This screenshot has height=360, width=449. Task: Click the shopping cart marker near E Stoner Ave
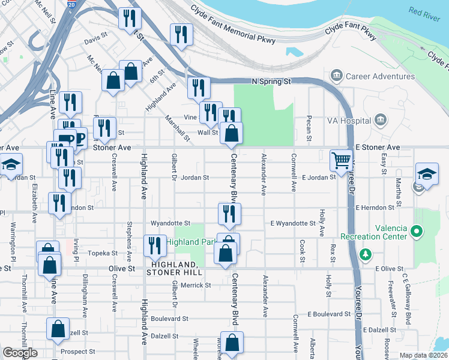[x=341, y=160]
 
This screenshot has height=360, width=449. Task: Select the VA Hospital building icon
[x=379, y=121]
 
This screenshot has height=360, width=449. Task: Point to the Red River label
[x=424, y=11]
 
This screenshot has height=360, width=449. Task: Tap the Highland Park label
[x=190, y=242]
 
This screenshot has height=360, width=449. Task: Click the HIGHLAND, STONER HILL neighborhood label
[x=175, y=268]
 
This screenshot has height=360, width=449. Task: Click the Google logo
[x=20, y=352]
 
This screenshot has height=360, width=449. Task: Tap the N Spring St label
[x=270, y=81]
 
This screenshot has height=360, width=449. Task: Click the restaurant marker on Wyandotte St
[x=229, y=213]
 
